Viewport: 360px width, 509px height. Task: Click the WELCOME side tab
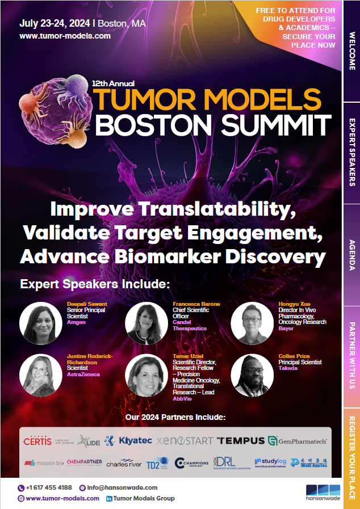352,51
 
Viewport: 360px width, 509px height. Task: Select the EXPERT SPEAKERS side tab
352,152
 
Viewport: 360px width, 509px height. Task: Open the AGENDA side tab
352,254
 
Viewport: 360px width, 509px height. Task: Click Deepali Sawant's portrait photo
41,323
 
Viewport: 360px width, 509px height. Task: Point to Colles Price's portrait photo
252,376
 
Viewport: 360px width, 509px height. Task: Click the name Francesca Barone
196,304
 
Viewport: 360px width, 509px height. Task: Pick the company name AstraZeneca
83,375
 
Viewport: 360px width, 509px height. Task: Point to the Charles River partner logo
123,464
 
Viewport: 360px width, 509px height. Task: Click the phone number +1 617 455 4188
49,487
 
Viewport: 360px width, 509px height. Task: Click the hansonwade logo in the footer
323,493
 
